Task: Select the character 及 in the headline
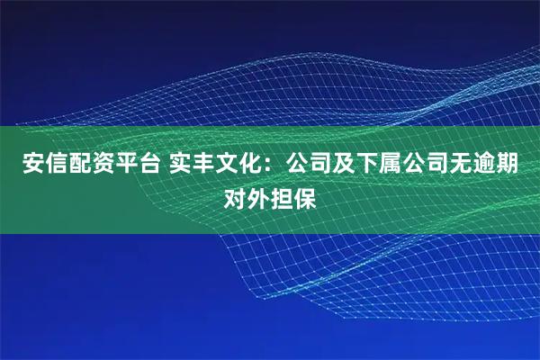(x=342, y=165)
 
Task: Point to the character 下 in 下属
(x=365, y=165)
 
